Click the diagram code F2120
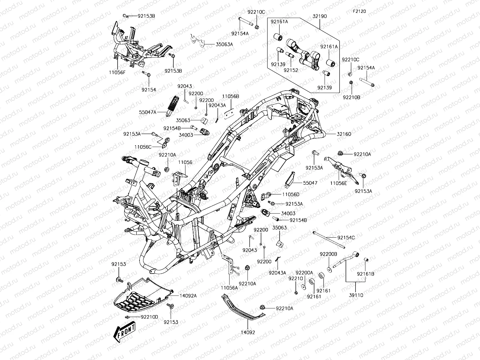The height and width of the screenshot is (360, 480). tap(359, 11)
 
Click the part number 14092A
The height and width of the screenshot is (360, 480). tap(188, 295)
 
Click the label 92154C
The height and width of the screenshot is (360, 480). tap(346, 238)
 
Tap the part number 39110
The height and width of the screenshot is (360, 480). tap(356, 295)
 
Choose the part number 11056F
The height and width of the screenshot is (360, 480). tap(117, 72)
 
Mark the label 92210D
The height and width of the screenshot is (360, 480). tap(149, 317)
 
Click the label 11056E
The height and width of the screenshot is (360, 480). tap(338, 183)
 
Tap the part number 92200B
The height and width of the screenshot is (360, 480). tap(328, 254)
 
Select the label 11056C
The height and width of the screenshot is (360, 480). tap(143, 147)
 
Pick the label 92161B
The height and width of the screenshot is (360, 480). tap(365, 274)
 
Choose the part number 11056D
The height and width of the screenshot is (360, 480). tap(291, 194)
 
